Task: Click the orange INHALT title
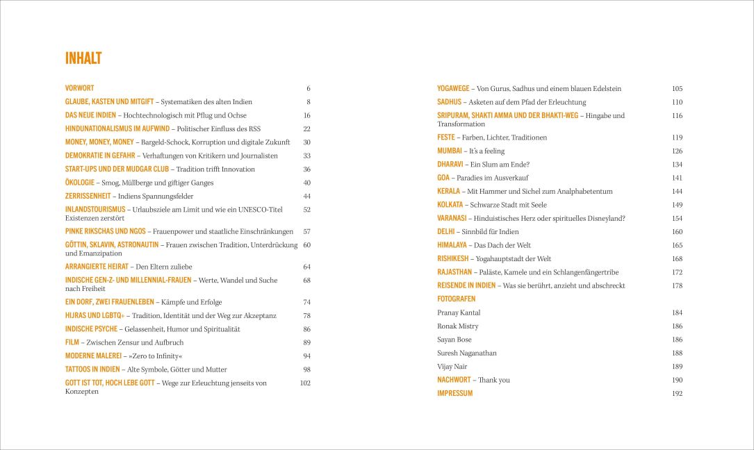pos(83,58)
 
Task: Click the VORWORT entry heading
pos(80,88)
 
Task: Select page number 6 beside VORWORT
pos(308,89)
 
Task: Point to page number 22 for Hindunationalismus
pos(306,128)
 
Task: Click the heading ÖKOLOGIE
pos(79,183)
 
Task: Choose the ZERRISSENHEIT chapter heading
pos(87,196)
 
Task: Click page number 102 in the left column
pos(305,383)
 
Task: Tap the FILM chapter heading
pos(72,342)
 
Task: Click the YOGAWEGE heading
pos(453,89)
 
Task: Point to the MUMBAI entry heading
pos(450,151)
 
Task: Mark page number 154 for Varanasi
pos(677,218)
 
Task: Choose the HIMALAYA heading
pos(452,245)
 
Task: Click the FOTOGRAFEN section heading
pos(457,299)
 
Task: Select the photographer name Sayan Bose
pos(454,340)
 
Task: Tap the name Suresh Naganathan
pos(467,353)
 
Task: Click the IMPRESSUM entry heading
pos(454,393)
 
